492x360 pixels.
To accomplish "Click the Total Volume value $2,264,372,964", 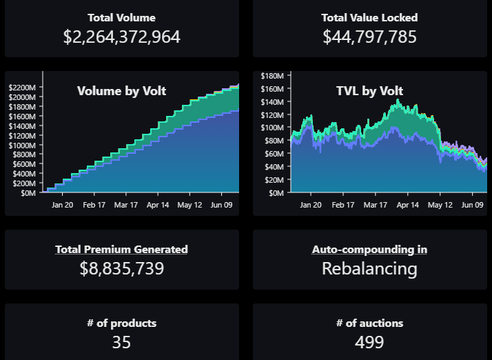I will pos(122,37).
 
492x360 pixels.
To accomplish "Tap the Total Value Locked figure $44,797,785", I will pos(369,37).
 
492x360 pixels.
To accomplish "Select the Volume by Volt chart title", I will pos(121,91).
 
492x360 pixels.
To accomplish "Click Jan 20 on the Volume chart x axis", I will pos(63,205).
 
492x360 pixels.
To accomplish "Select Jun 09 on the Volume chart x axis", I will pos(221,205).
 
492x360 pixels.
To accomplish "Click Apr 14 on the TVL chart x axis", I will pos(407,205).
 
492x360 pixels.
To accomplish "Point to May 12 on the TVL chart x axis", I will pos(440,205).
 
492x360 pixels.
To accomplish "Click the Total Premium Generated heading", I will pos(121,250).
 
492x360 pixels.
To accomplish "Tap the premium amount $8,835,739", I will pos(122,268).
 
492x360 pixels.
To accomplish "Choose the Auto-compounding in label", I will pos(369,250).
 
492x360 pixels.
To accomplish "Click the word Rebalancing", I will pos(369,268).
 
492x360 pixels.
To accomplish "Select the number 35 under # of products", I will pos(121,342).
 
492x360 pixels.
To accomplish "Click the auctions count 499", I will pos(369,342).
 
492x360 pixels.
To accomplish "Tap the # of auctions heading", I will pos(369,323).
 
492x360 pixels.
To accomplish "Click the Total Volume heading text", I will pos(121,18).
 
